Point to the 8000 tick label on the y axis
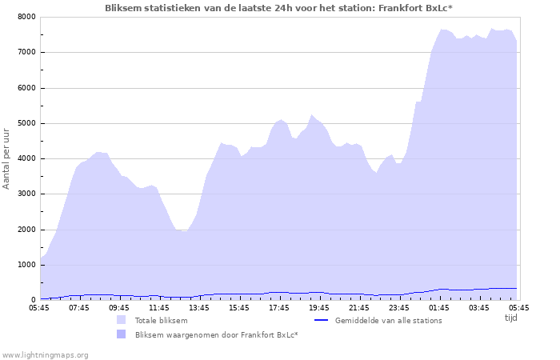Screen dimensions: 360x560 pos(26,17)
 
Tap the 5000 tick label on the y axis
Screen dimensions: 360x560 pos(26,123)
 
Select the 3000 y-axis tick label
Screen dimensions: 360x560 pos(26,194)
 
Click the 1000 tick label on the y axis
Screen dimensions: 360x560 pos(26,265)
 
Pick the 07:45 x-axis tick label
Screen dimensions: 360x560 pos(79,307)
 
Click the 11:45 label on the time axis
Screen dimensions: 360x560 pos(159,307)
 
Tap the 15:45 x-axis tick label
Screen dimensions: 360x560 pos(239,307)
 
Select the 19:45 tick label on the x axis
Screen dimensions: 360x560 pos(319,307)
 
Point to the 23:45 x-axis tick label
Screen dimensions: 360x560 pos(399,307)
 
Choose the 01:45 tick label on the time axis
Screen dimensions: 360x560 pos(439,307)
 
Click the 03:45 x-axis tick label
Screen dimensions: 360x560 pos(479,307)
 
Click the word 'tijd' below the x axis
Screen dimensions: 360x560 pos(511,318)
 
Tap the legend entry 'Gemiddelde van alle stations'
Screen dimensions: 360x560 pos(388,320)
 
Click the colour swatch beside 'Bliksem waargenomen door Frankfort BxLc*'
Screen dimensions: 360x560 pos(122,334)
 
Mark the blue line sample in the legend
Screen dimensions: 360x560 pos(321,320)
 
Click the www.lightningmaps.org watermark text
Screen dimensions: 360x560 pos(45,354)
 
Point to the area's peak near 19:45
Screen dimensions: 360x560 pos(312,115)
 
